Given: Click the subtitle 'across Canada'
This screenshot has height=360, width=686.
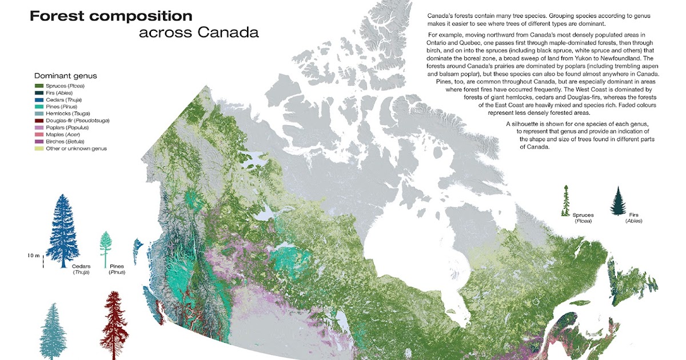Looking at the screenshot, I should [x=198, y=33].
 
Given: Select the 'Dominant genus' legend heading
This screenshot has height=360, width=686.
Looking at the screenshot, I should [x=65, y=75].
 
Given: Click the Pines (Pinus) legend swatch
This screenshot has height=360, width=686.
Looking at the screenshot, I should [x=38, y=107].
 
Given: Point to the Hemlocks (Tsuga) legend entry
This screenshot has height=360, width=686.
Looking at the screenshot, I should [x=66, y=114].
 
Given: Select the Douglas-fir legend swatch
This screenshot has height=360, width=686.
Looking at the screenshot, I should [x=38, y=121].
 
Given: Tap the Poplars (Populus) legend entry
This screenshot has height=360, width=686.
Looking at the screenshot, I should [x=66, y=127].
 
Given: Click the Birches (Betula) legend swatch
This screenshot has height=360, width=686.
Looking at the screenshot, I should [x=38, y=141].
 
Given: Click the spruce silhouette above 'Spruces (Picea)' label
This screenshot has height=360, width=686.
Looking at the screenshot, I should [x=566, y=200].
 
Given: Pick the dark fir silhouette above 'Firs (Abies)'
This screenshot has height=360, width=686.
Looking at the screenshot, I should [x=619, y=201].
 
